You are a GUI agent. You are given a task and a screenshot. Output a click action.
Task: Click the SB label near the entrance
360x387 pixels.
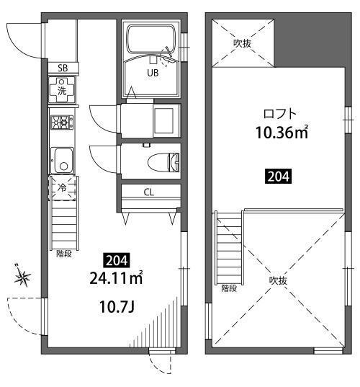[63, 68]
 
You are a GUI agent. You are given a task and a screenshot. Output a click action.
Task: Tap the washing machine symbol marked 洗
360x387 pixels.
[62, 90]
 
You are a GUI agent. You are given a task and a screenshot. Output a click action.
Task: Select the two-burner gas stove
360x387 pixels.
[62, 123]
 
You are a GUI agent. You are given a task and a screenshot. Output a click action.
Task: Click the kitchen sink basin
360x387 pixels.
[63, 161]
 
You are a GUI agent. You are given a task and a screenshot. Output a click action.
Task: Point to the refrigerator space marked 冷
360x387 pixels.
[62, 188]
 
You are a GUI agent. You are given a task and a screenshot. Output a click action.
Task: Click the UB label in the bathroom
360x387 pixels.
[153, 73]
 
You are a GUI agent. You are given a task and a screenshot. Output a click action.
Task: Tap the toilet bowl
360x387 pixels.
[163, 162]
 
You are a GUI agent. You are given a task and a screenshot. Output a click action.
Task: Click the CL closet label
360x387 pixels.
[149, 192]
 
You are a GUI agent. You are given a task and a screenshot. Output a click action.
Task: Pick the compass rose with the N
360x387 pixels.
[23, 277]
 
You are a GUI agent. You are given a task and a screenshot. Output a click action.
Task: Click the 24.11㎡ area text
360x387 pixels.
[116, 278]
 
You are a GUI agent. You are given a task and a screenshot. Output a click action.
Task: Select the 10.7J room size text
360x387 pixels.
[117, 307]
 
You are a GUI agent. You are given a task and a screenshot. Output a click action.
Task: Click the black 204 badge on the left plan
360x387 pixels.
[117, 260]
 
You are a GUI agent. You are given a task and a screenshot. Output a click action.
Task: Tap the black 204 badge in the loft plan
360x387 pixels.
[278, 177]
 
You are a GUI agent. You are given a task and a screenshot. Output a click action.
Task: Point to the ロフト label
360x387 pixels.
[279, 114]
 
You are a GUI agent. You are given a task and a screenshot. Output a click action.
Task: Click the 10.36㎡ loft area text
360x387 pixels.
[282, 133]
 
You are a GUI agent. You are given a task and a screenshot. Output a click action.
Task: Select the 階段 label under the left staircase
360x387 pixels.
[64, 254]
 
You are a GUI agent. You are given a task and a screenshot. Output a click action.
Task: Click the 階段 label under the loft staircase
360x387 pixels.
[229, 288]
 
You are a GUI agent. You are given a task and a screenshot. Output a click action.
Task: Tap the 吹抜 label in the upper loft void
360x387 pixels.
[243, 43]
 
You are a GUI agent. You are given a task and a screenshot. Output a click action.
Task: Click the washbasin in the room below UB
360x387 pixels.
[163, 120]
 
